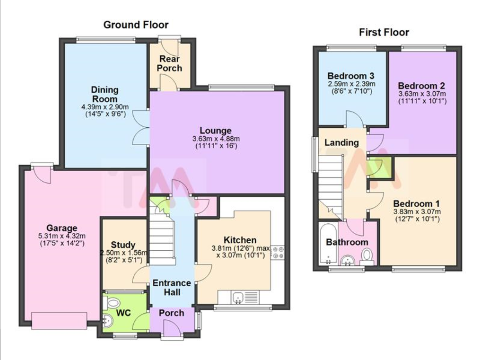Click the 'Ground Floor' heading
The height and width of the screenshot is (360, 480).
pyautogui.click(x=136, y=25)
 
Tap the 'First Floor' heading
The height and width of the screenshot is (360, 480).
pyautogui.click(x=384, y=32)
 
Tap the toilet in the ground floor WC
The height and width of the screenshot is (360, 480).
pyautogui.click(x=113, y=303)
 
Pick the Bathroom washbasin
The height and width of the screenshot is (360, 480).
pyautogui.click(x=347, y=261)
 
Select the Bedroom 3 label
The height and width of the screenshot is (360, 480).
pyautogui.click(x=351, y=76)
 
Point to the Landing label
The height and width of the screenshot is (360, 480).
pyautogui.click(x=342, y=143)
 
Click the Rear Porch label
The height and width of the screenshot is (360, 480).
pyautogui.click(x=170, y=63)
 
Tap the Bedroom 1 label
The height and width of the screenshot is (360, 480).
pyautogui.click(x=416, y=204)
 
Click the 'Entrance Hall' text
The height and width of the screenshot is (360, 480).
pyautogui.click(x=172, y=288)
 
